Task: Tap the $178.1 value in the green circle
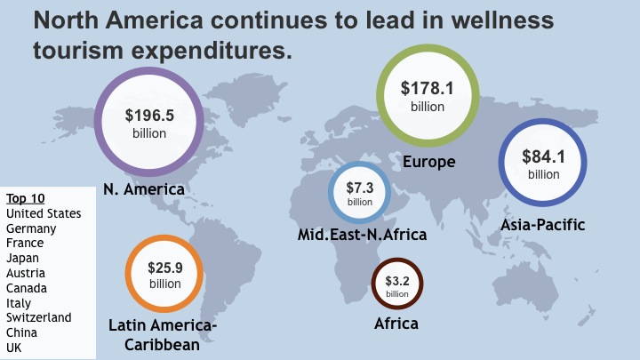pos(428,88)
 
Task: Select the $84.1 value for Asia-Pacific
pos(544,156)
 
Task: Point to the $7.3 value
pos(360,188)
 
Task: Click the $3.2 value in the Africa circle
pos(396,281)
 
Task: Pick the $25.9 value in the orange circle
pos(164,266)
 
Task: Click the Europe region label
pos(428,162)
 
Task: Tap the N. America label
pos(143,189)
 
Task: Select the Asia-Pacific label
pos(542,224)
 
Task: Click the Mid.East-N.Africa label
pos(363,235)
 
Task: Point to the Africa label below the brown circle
pos(396,323)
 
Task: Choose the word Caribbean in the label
pos(162,344)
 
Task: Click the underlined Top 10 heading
pos(25,197)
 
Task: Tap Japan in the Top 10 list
pos(23,258)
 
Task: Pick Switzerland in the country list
pos(38,317)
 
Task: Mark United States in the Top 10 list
pos(44,213)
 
